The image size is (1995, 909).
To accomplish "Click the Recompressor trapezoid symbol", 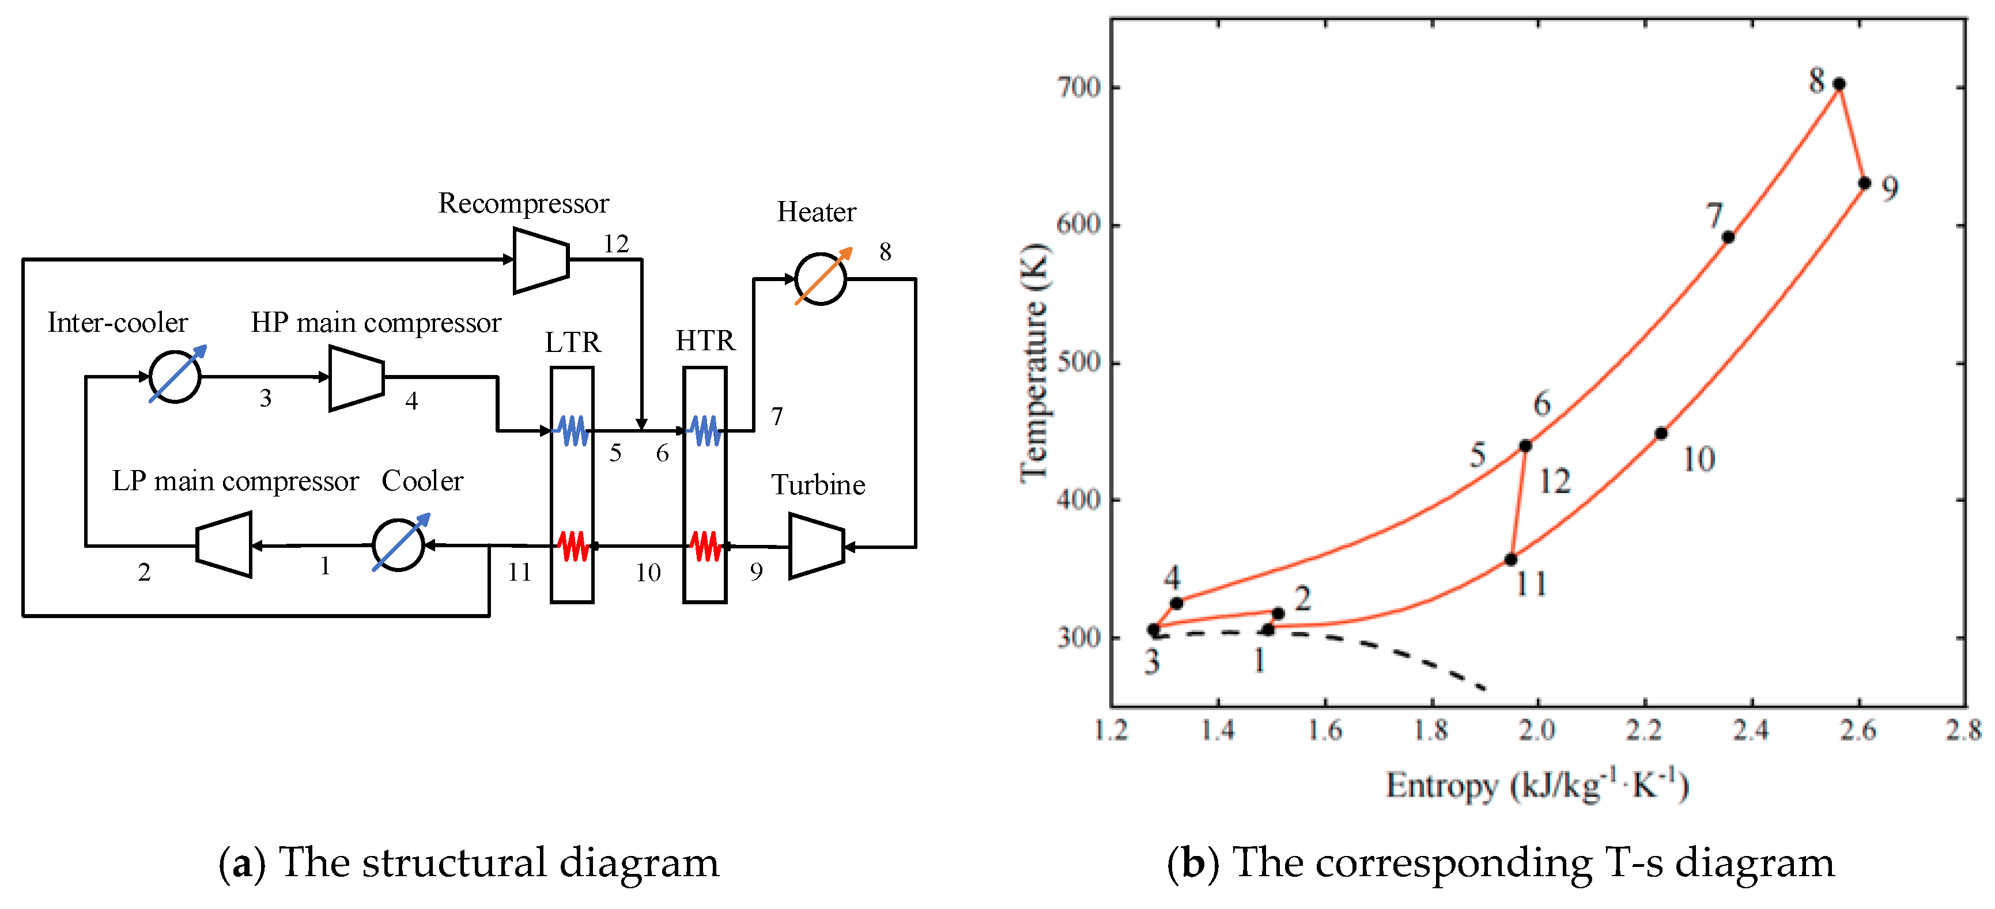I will [x=541, y=260].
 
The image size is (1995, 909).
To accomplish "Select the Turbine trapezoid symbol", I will [x=815, y=546].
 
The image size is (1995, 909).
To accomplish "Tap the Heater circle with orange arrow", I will [x=820, y=279].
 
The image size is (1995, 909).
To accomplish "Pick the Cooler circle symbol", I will [x=398, y=545].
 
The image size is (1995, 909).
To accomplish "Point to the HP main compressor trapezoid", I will [x=356, y=378].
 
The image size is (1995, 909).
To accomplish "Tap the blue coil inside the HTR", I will [x=705, y=430].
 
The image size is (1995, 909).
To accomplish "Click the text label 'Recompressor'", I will [x=524, y=204].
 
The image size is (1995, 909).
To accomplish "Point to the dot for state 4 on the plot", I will [x=1176, y=603].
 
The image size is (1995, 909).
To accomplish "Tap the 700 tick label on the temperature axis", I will [x=1079, y=88].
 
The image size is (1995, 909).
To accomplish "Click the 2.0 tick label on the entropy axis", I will [x=1537, y=729].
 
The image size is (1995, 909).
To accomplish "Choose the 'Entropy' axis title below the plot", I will [x=1442, y=786].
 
